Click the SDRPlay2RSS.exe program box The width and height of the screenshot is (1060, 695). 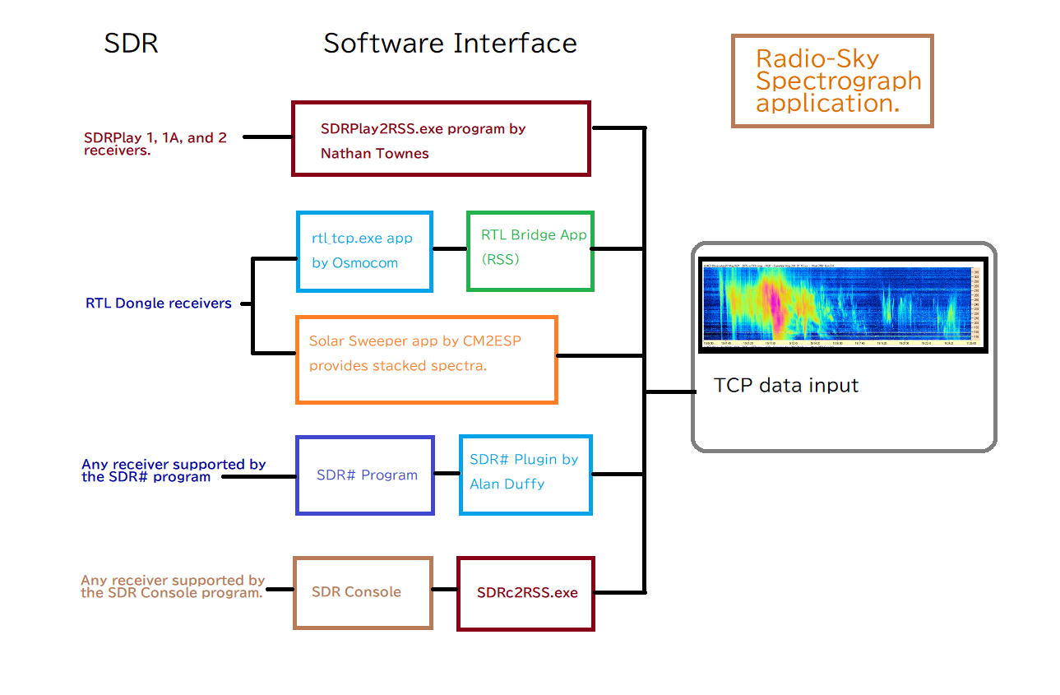point(441,139)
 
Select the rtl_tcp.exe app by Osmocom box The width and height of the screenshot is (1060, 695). point(364,251)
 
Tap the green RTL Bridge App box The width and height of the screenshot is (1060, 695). point(530,250)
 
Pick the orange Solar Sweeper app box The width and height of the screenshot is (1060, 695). point(426,359)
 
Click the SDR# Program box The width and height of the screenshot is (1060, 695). point(364,475)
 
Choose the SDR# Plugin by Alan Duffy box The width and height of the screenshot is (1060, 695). point(525,475)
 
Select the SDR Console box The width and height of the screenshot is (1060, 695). point(363,592)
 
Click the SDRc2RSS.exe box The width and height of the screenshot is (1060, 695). point(525,593)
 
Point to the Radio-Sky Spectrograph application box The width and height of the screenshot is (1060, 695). point(832,81)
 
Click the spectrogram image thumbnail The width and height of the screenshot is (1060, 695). point(842,305)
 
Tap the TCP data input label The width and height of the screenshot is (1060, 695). point(786,386)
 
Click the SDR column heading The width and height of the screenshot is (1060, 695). point(131,43)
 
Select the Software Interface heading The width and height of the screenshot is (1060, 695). point(450,43)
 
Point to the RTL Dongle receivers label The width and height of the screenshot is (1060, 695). point(159,303)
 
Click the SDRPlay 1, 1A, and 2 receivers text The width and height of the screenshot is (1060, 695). point(155,143)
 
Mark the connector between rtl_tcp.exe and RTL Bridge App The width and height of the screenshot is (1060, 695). point(449,248)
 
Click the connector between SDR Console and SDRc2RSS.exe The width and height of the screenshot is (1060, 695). point(444,590)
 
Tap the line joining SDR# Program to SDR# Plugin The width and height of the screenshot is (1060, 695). point(447,473)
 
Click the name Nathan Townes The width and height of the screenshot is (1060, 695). point(375,153)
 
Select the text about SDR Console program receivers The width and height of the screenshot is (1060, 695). point(173,586)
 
